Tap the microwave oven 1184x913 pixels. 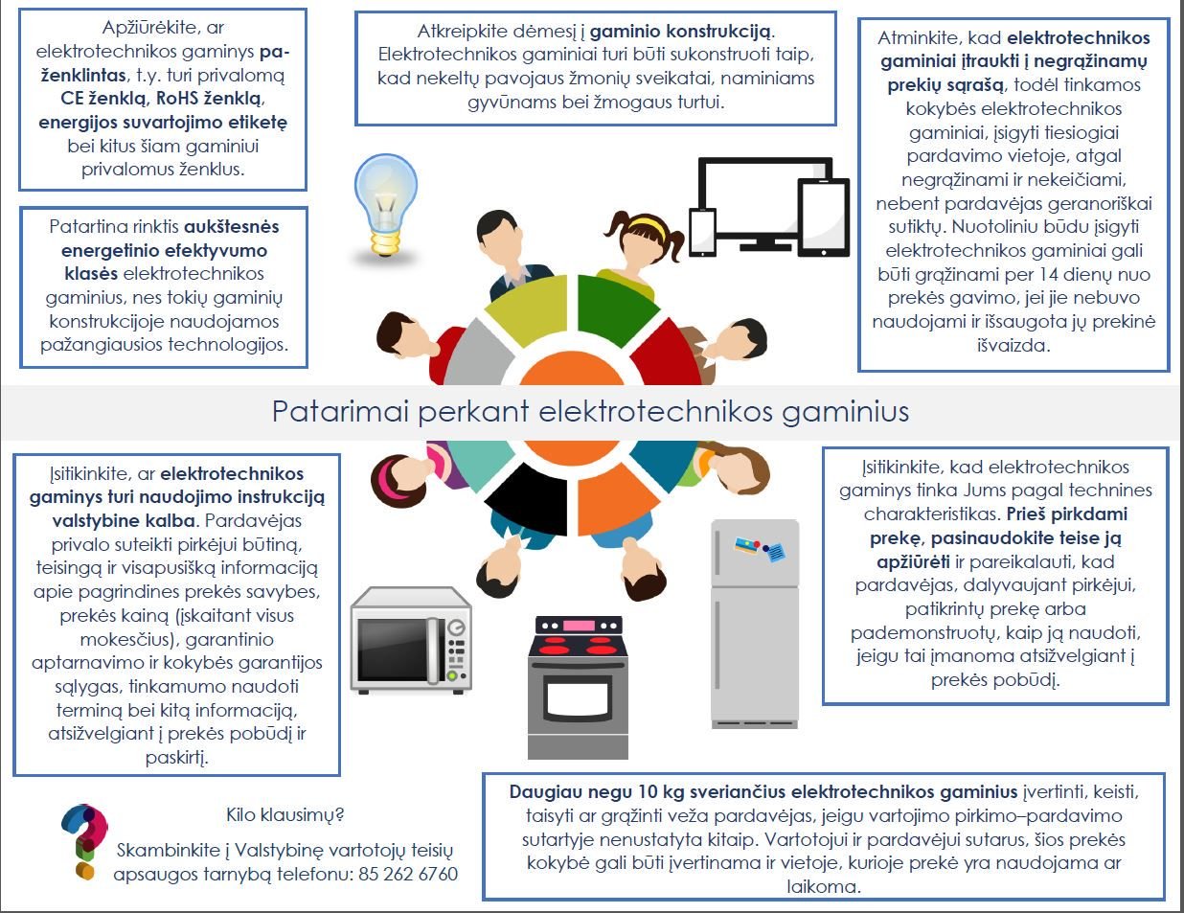[411, 639]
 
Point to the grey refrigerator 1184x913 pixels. [755, 623]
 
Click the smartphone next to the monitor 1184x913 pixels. [702, 233]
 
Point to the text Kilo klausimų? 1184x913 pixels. [285, 815]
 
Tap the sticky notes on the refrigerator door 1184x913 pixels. [762, 550]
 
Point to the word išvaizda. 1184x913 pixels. [1013, 345]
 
